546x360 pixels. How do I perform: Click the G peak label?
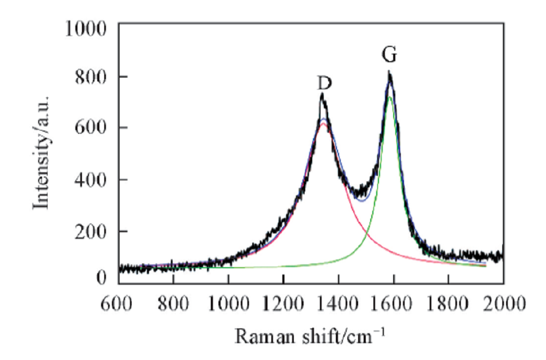click(389, 55)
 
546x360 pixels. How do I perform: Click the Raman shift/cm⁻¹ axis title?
click(311, 335)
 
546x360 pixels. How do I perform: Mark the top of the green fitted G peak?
click(389, 97)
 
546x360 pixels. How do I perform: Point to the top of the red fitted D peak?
click(324, 123)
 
